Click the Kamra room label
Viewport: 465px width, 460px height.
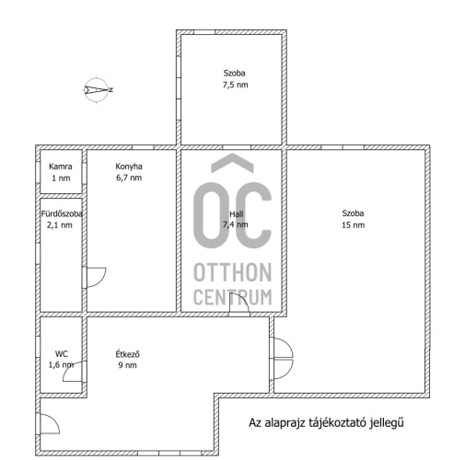tap(61, 167)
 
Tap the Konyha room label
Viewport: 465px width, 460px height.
tap(129, 167)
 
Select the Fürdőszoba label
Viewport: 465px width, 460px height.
tap(62, 213)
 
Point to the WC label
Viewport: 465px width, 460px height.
tap(62, 354)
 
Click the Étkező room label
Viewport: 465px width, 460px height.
tap(127, 354)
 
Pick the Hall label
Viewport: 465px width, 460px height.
tap(237, 213)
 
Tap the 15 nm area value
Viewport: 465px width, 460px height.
tap(353, 225)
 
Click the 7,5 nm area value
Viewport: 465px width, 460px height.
tap(235, 85)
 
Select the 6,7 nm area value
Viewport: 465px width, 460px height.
tap(129, 178)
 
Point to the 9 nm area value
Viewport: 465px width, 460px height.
tap(127, 365)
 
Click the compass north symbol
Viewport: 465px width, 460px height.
tap(98, 90)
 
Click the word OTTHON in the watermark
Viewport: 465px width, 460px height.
tap(233, 272)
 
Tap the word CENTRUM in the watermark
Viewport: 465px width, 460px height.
tap(233, 297)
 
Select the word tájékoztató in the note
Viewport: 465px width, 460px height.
tap(337, 423)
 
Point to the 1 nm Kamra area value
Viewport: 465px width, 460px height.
tap(61, 178)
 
